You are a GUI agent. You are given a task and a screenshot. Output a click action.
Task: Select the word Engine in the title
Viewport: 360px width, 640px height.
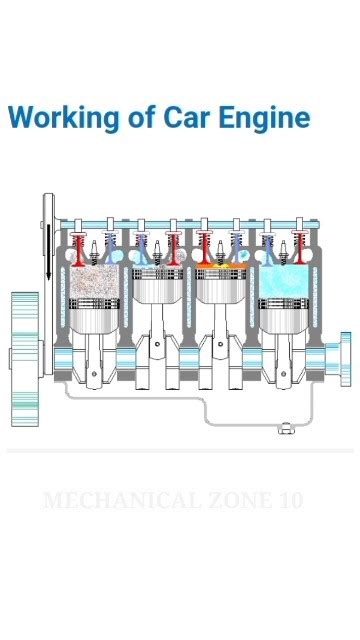click(x=264, y=119)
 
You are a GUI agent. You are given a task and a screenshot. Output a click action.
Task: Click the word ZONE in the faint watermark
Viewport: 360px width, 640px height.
click(x=240, y=501)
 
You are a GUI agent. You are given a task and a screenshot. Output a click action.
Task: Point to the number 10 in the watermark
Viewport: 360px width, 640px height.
click(x=291, y=501)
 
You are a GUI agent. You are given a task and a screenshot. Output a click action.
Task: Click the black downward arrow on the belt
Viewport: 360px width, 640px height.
click(x=49, y=253)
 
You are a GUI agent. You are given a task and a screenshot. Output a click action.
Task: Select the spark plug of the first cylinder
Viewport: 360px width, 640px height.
click(x=94, y=253)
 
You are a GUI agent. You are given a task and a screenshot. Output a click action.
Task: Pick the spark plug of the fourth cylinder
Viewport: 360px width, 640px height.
click(x=283, y=253)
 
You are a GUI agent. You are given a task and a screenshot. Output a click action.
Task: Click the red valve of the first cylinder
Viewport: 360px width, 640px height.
click(x=78, y=249)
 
